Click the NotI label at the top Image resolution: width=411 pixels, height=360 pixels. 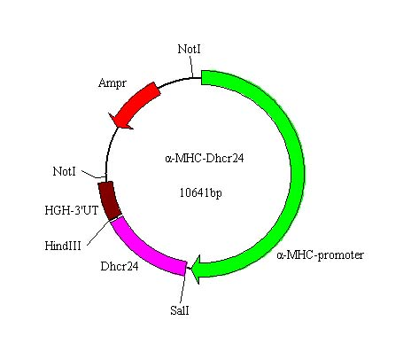[x=189, y=49]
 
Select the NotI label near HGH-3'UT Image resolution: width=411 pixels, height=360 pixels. [x=64, y=171]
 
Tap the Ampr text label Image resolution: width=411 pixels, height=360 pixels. [x=112, y=83]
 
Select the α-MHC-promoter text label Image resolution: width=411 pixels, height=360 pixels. [x=320, y=254]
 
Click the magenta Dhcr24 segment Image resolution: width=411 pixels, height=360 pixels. [x=144, y=251]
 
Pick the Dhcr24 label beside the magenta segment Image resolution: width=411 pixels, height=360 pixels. [x=120, y=267]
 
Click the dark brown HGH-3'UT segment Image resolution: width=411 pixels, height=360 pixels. [x=109, y=200]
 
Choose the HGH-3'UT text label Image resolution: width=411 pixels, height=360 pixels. [x=72, y=210]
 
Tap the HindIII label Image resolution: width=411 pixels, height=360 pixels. [x=63, y=246]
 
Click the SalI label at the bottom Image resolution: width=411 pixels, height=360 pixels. [x=180, y=310]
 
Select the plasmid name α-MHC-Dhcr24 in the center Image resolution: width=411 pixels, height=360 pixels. [x=205, y=159]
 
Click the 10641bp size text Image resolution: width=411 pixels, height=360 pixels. [x=201, y=193]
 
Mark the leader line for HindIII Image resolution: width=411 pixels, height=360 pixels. [x=99, y=232]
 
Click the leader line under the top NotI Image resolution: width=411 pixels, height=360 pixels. [x=191, y=67]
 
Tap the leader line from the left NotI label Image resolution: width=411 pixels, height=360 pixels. [x=93, y=175]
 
